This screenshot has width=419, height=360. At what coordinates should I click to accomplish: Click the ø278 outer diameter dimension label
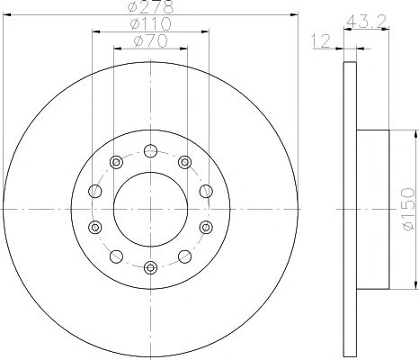click(150, 7)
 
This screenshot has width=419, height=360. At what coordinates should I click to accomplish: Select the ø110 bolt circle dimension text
click(151, 23)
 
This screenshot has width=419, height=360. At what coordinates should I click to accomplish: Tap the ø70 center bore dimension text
click(151, 40)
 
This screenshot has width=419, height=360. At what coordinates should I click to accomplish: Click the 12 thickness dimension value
click(321, 40)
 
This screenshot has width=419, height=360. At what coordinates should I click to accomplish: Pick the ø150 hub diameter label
click(409, 209)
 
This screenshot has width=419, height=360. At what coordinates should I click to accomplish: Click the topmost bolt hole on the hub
click(150, 150)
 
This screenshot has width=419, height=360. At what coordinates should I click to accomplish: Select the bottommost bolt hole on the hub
click(150, 267)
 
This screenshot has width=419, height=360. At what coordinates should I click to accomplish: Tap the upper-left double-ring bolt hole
click(116, 162)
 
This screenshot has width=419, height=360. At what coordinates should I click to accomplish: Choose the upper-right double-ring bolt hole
click(184, 162)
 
